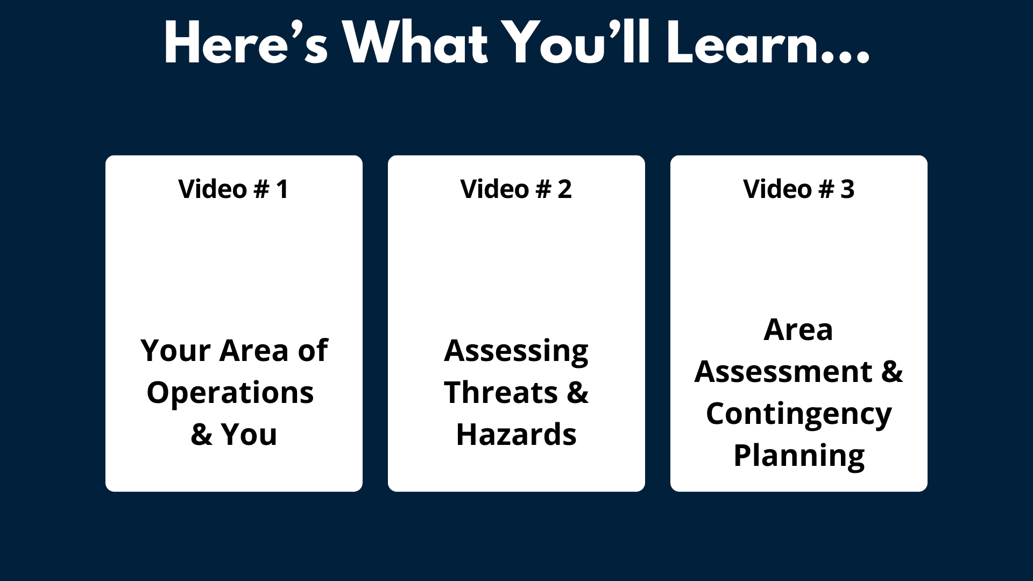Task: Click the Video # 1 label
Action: coord(234,189)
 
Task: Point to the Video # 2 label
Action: coord(516,189)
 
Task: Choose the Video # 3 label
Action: coord(798,189)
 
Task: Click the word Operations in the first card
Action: coord(230,394)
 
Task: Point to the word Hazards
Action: coord(516,435)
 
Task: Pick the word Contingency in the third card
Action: coord(799,415)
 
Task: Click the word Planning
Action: coord(799,457)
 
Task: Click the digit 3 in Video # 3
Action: coord(847,189)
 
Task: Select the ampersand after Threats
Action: coord(578,392)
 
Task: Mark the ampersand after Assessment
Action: coord(892,372)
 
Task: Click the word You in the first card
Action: coord(249,435)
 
